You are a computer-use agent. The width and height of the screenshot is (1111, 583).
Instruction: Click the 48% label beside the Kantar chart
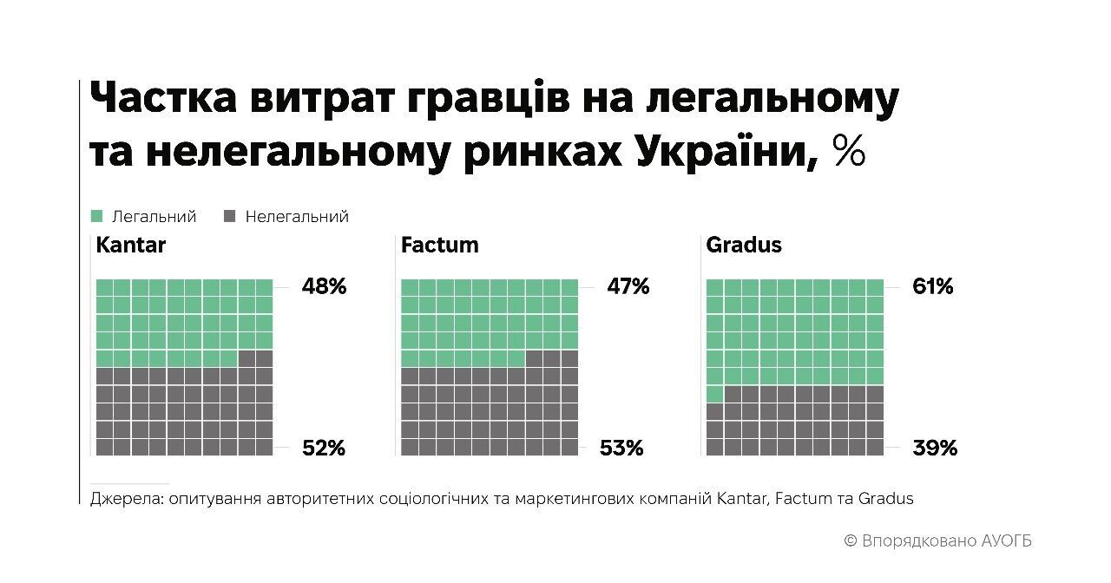coord(324,286)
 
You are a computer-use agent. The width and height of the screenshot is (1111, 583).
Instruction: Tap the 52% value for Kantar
coord(324,448)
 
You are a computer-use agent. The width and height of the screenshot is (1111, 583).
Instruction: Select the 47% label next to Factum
coord(628,286)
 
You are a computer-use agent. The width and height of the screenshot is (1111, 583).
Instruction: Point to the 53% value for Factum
coord(621,448)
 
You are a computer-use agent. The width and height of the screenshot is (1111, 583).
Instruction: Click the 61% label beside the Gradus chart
coord(932,286)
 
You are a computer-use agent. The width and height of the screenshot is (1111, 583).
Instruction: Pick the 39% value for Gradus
coord(935,448)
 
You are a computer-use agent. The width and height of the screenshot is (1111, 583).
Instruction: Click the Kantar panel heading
coord(131,245)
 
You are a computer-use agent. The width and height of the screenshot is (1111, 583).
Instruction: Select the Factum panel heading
coord(440,245)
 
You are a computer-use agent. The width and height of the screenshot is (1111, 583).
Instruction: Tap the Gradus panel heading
coord(744,245)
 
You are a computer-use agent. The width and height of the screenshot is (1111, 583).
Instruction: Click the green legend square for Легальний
coord(96,216)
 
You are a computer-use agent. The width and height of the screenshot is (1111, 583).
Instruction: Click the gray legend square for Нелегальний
coord(230,216)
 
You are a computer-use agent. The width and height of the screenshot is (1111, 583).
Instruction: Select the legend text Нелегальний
coord(297,216)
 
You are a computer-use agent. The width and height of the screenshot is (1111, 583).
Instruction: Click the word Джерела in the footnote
coord(126,499)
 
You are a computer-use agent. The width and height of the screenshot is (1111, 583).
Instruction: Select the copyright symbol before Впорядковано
coord(851,540)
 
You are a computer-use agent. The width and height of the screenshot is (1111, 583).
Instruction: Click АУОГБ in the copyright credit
coord(1007,540)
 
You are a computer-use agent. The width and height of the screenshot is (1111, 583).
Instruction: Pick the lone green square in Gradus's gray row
coord(714,394)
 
